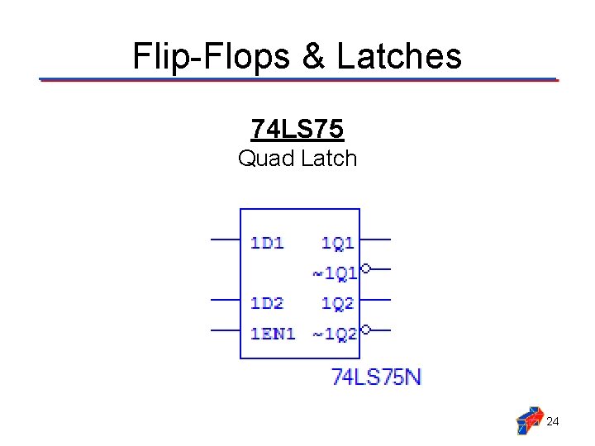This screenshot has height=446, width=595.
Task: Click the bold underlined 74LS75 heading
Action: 297,129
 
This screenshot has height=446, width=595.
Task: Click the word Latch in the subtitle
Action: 329,158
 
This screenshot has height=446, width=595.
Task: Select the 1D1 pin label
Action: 267,242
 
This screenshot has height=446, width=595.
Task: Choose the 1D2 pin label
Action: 267,303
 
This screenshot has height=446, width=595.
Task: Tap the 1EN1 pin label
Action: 273,334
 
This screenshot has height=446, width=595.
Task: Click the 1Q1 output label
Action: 338,242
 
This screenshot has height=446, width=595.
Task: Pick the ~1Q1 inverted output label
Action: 334,272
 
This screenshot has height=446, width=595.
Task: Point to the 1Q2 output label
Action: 338,303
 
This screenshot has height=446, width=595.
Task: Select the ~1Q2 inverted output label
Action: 334,334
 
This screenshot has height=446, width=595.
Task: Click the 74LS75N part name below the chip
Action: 377,377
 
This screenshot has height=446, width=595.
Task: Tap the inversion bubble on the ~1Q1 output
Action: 365,268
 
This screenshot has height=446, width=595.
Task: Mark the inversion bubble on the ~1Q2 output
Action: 365,329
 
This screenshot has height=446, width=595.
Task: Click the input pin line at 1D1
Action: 225,240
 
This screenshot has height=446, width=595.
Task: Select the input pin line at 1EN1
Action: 225,330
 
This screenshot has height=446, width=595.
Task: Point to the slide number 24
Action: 554,422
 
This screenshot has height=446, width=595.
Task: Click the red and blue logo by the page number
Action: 529,420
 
